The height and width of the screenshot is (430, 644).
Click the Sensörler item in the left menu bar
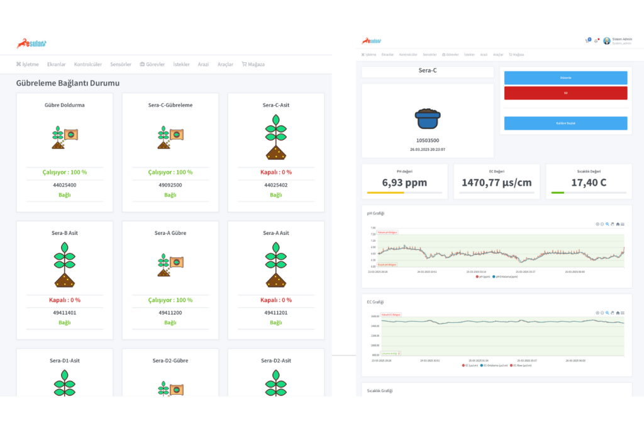[120, 64]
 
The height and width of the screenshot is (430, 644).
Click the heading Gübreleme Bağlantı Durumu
[68, 82]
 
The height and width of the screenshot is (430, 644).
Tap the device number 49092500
[170, 185]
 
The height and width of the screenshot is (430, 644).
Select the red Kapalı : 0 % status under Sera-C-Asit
[276, 172]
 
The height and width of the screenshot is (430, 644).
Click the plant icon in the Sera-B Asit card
[64, 265]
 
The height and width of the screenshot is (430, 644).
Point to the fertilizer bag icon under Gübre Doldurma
[64, 137]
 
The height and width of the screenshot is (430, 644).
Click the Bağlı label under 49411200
[170, 322]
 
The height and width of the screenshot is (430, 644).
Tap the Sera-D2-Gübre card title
[170, 361]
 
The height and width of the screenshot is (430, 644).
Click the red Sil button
[565, 93]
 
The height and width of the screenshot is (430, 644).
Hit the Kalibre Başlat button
[565, 123]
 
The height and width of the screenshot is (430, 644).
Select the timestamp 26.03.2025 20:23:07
[428, 149]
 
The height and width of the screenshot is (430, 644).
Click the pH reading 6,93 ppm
[404, 183]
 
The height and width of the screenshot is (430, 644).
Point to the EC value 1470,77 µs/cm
[497, 183]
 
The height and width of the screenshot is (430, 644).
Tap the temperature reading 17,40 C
[588, 183]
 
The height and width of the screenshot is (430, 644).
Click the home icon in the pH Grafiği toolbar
[618, 223]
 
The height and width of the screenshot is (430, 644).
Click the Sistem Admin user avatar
[607, 41]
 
